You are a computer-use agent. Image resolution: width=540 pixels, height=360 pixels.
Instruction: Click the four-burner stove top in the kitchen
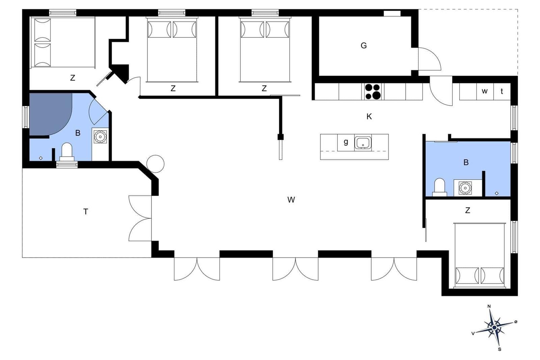(x=373, y=91)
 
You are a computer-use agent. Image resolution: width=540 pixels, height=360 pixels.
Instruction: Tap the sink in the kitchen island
(x=363, y=143)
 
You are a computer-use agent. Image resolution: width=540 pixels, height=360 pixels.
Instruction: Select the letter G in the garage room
(x=364, y=46)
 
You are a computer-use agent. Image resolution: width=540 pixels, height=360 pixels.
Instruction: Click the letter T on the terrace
(x=86, y=212)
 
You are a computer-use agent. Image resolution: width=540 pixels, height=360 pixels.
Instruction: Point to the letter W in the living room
(x=291, y=200)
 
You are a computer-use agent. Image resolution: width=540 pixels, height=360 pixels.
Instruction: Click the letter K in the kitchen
(x=369, y=117)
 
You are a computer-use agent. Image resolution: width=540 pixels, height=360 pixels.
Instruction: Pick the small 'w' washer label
(x=485, y=91)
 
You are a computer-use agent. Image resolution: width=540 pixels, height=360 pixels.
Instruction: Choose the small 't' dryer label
(x=502, y=91)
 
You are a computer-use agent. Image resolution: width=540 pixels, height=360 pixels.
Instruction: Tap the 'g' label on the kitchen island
(x=346, y=142)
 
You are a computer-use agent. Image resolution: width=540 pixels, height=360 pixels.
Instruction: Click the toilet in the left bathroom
(x=67, y=152)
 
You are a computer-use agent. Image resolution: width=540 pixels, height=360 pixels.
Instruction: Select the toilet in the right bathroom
(x=439, y=187)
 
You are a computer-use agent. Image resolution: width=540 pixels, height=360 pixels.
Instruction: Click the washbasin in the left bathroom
(x=100, y=137)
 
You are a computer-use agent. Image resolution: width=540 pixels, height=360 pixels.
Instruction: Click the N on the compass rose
(x=489, y=306)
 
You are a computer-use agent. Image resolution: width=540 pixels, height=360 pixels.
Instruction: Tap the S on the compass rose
(x=500, y=350)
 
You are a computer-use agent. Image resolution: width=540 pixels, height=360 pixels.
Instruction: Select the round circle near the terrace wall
(x=156, y=164)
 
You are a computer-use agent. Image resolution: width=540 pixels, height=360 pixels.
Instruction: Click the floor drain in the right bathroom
(x=496, y=193)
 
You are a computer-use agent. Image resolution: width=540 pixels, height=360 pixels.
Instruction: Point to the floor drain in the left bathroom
(x=41, y=158)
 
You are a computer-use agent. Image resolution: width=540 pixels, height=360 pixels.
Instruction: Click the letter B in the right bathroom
(x=466, y=162)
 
